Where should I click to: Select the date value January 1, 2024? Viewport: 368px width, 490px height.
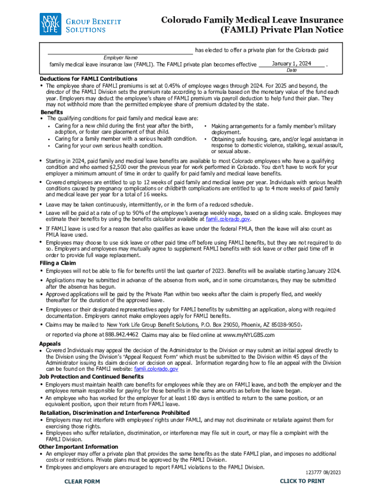click(292, 64)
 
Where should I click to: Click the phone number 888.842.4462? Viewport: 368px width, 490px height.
click(122, 334)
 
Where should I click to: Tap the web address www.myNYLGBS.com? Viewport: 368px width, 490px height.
click(249, 335)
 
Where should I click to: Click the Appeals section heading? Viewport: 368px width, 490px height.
click(50, 344)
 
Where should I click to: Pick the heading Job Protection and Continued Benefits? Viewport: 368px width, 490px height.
click(91, 377)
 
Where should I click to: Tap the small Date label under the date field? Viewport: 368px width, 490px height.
click(292, 70)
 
